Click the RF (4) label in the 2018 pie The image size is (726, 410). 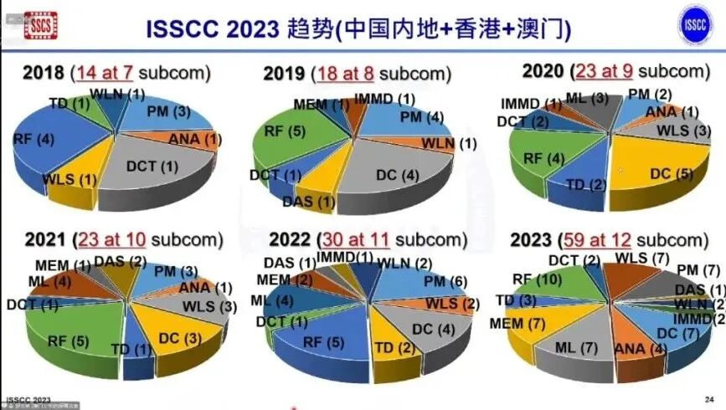pyautogui.click(x=34, y=139)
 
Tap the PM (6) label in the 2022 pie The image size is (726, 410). pyautogui.click(x=446, y=282)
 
